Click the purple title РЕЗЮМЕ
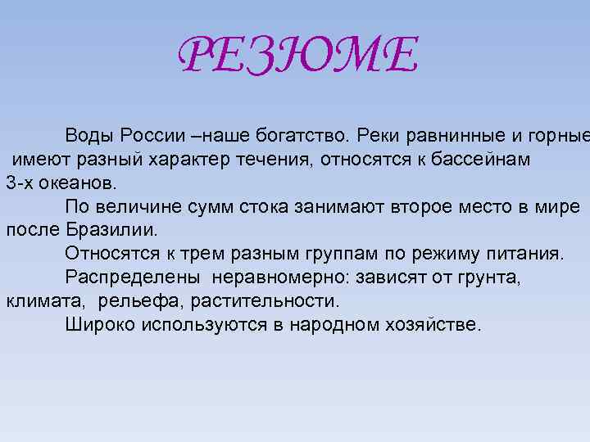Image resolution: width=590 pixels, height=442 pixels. (298, 56)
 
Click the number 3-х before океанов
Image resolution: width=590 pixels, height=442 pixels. (22, 183)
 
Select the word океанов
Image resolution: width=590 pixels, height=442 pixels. (82, 183)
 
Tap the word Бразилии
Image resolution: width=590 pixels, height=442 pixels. (109, 230)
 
